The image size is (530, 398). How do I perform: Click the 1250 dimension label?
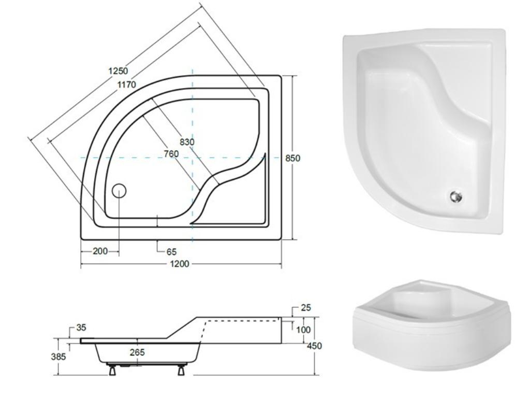pyautogui.click(x=119, y=70)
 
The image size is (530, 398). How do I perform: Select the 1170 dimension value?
pyautogui.click(x=127, y=84)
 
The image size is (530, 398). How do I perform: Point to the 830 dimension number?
pyautogui.click(x=187, y=142)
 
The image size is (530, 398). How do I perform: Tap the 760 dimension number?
pyautogui.click(x=171, y=153)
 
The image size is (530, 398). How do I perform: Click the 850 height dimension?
pyautogui.click(x=293, y=158)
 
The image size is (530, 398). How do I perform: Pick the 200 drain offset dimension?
pyautogui.click(x=100, y=251)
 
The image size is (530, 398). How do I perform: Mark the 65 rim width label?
pyautogui.click(x=171, y=252)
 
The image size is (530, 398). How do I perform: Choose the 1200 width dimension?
pyautogui.click(x=180, y=264)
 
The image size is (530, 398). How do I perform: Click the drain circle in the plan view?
pyautogui.click(x=119, y=191)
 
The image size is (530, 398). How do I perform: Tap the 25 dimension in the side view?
pyautogui.click(x=305, y=308)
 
